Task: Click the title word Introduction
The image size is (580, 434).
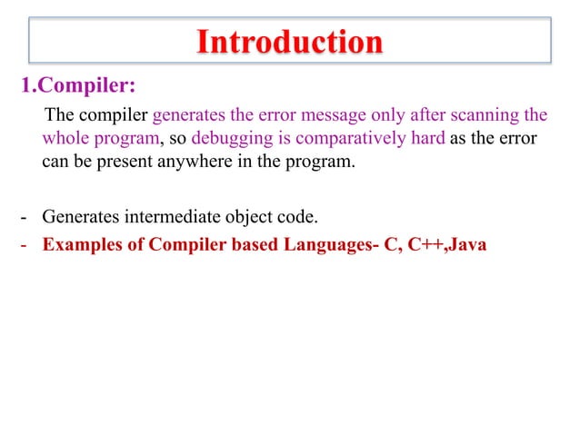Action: click(290, 42)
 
